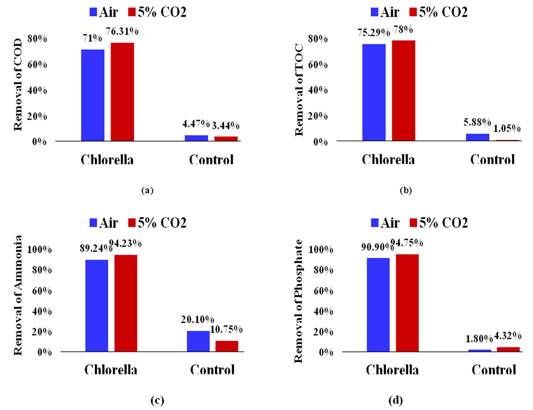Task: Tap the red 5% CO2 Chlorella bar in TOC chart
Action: point(403,90)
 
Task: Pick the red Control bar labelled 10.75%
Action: point(228,346)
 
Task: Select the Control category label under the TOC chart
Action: point(492,160)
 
